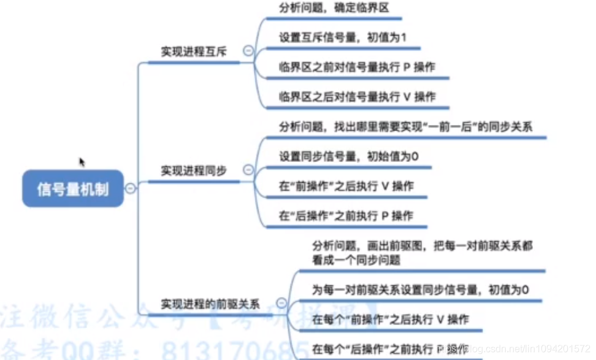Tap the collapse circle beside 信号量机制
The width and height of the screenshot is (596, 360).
(130, 189)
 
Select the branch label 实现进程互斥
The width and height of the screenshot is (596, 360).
(194, 52)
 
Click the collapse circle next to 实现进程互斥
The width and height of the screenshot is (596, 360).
(248, 52)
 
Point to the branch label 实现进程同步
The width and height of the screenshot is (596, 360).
(194, 170)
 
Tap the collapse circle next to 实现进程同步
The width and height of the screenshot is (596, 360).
(248, 170)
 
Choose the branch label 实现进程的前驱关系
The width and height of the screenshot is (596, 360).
(210, 304)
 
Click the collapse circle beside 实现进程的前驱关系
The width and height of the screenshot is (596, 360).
(281, 303)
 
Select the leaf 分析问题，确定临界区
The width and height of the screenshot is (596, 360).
(334, 8)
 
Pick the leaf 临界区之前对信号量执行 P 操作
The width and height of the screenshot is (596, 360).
(357, 67)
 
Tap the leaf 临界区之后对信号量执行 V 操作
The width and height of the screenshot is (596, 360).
(357, 96)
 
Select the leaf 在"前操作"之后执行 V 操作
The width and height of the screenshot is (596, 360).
(346, 186)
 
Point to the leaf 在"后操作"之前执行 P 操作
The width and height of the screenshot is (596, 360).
(346, 215)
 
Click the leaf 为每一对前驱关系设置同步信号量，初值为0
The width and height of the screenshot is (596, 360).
(420, 289)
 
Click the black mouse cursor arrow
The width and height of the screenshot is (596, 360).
(82, 162)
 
